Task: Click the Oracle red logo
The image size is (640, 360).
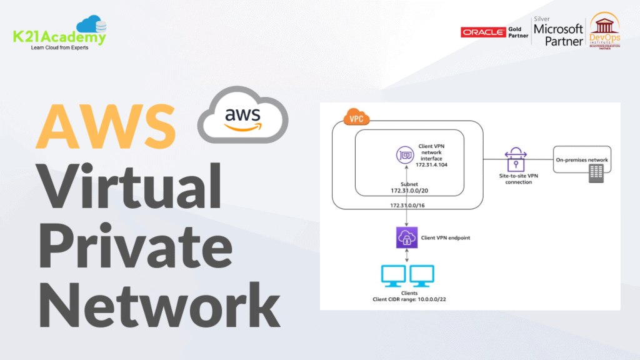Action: pos(482,32)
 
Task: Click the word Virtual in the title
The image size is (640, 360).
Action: pos(131,186)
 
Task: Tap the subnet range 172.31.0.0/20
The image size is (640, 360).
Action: pos(410,189)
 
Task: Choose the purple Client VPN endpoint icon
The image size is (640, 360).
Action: pos(406,237)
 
